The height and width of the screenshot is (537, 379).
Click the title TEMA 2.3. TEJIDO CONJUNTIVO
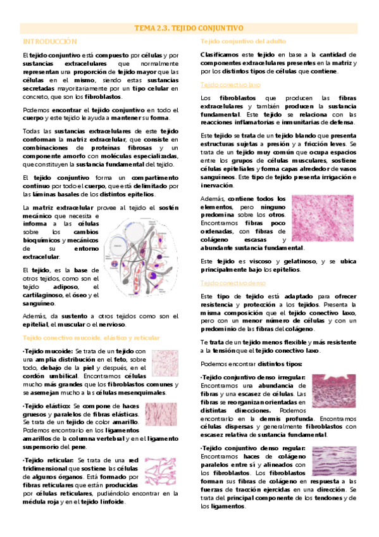tap(189, 28)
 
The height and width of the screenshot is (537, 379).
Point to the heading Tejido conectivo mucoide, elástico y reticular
tap(90, 339)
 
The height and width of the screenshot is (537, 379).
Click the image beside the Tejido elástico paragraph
tap(162, 415)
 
